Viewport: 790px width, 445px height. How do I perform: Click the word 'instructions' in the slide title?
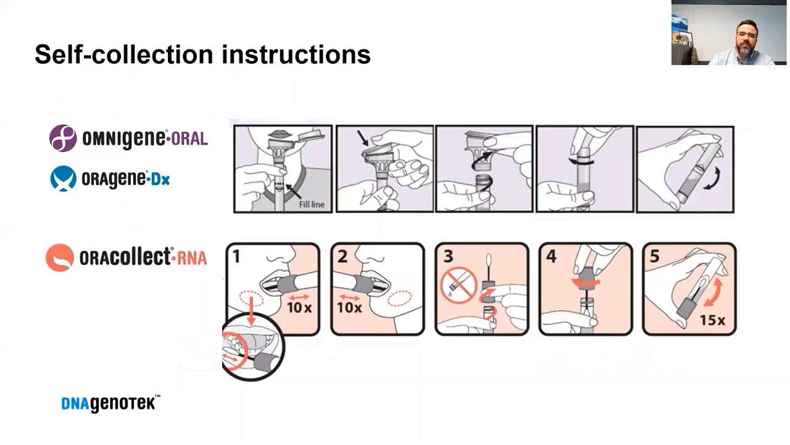(296, 54)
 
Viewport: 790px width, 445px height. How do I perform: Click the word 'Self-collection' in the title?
(124, 54)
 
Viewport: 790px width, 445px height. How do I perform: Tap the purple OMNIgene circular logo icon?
(63, 138)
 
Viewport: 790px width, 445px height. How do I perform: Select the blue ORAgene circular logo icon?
(63, 179)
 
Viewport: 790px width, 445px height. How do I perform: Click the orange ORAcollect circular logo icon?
(60, 258)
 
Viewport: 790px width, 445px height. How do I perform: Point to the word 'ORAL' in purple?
(189, 138)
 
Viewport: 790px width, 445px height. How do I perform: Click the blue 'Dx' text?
(160, 180)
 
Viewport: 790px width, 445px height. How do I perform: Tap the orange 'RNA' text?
(191, 258)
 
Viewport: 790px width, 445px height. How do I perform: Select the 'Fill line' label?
(312, 205)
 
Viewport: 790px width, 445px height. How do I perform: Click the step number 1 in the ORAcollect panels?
(236, 256)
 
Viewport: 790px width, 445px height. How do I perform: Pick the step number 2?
(343, 256)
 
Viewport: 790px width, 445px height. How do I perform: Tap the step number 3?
(448, 256)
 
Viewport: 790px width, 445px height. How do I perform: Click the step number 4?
(551, 256)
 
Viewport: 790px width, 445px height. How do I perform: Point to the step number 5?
(655, 256)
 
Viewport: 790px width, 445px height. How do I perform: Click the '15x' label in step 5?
(712, 320)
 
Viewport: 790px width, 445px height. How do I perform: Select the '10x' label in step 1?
(299, 308)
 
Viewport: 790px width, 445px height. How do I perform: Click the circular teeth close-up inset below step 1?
(252, 347)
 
